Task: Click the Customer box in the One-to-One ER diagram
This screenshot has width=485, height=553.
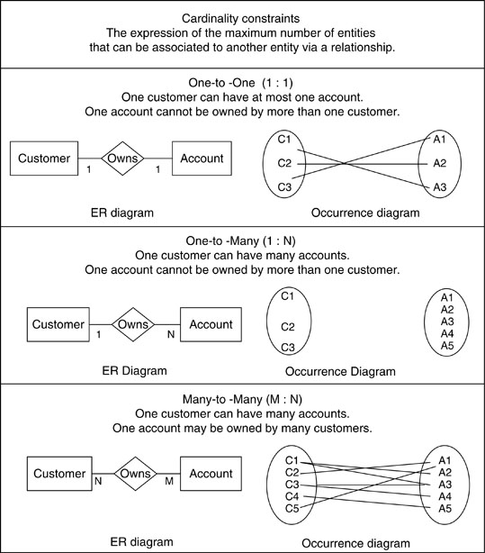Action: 44,159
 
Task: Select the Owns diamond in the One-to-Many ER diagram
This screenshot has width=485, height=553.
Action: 133,324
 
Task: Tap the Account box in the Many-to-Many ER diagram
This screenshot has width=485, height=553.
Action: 211,474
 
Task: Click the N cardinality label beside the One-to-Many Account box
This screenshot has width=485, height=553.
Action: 171,334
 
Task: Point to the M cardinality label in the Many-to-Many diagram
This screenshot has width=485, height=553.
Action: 169,481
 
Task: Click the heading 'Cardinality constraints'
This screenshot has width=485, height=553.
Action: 241,18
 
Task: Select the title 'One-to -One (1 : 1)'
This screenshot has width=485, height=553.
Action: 241,83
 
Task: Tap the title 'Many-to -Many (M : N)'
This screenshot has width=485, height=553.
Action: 243,399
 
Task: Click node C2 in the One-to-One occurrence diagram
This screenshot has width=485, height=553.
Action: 284,163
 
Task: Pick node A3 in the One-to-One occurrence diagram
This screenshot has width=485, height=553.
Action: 439,187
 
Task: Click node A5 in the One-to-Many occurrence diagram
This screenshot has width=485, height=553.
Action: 447,346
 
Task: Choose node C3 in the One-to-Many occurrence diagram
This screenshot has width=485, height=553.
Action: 288,348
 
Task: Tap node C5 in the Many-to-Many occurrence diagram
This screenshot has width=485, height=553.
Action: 292,509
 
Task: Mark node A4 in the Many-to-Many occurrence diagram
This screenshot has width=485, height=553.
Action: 445,496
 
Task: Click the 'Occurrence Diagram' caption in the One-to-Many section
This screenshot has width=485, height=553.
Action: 340,371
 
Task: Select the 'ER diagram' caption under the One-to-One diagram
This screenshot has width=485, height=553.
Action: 122,213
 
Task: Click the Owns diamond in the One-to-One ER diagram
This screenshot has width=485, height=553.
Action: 122,159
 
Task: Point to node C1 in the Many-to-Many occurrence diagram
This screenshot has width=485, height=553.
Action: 292,460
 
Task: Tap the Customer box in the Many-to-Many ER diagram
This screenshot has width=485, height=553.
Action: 59,474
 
